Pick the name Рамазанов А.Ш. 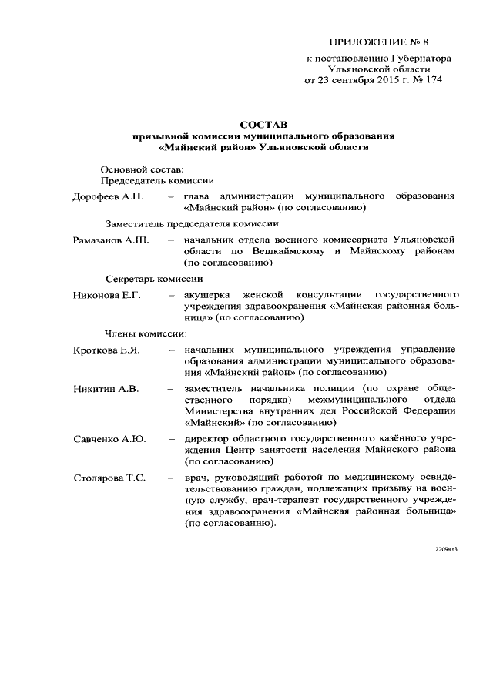(x=111, y=240)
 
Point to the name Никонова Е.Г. (x=107, y=295)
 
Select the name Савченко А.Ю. (x=109, y=438)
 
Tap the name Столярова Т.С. (x=109, y=478)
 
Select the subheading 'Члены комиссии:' (x=146, y=334)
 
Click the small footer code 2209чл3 (x=447, y=549)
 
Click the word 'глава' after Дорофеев (x=197, y=197)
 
